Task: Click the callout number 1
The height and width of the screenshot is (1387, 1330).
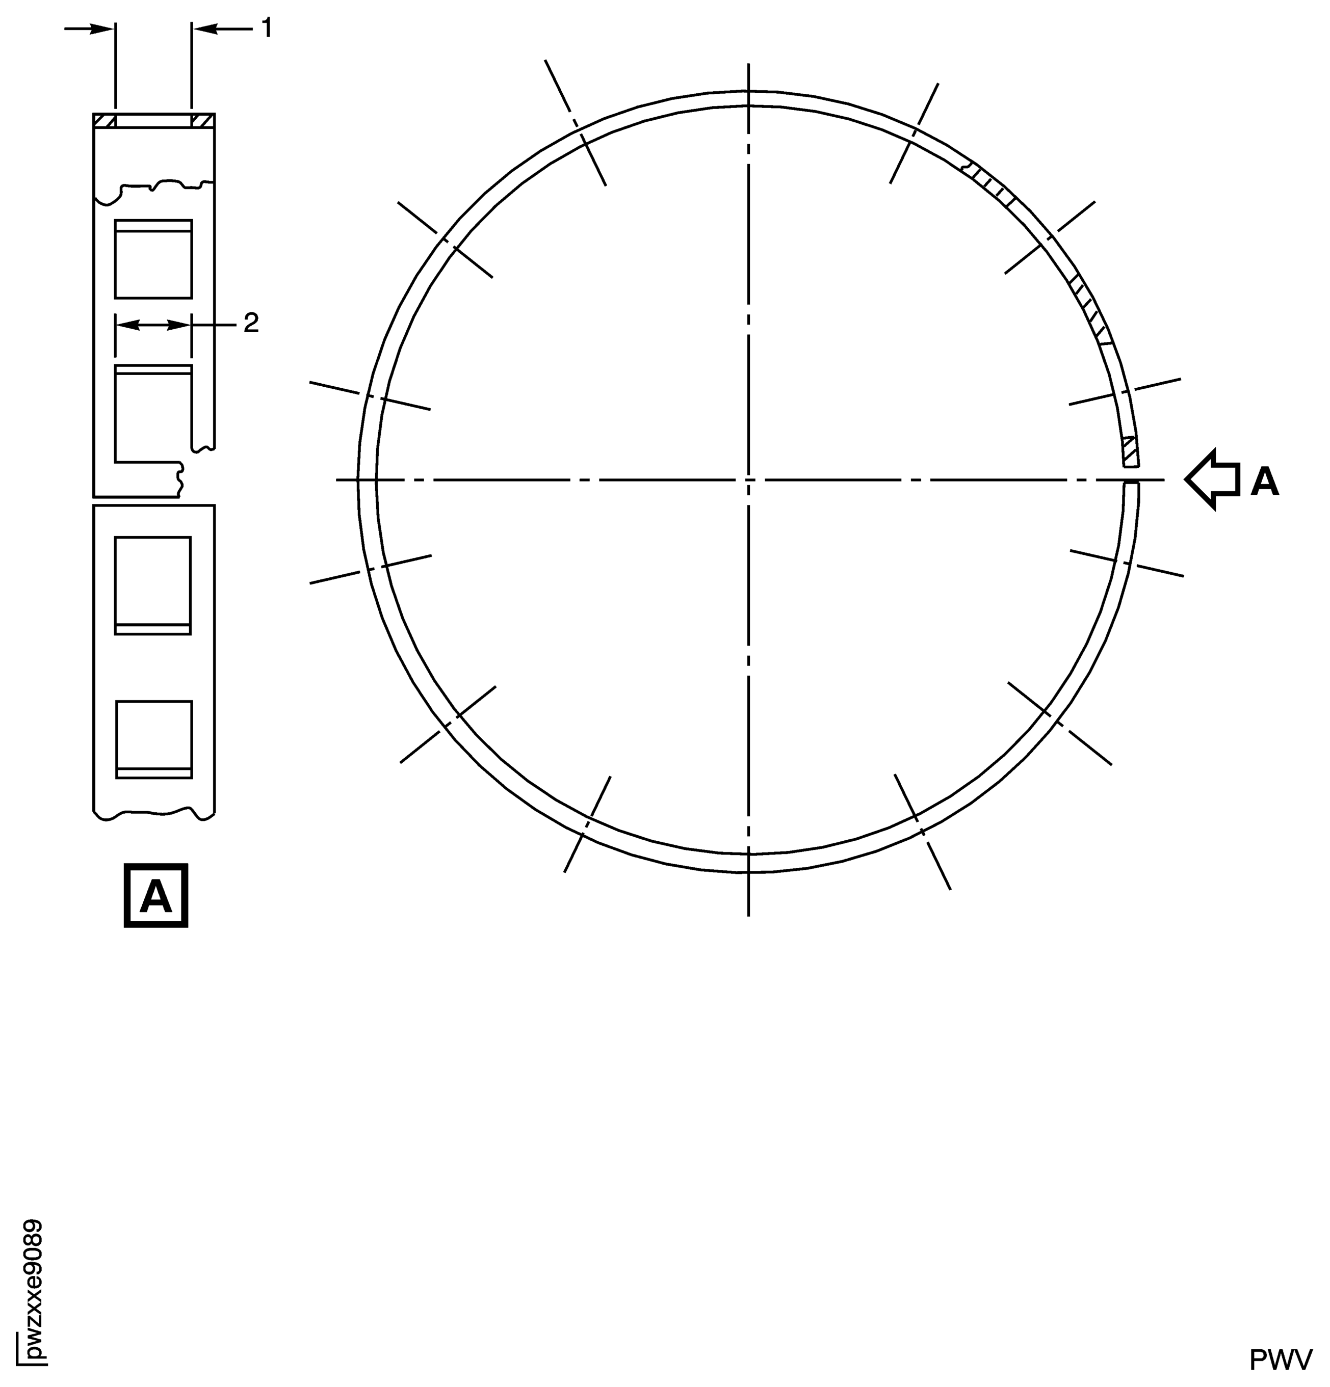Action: pyautogui.click(x=266, y=29)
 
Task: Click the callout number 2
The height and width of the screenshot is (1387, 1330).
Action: pyautogui.click(x=251, y=324)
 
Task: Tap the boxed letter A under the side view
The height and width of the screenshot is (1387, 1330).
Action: pyautogui.click(x=155, y=895)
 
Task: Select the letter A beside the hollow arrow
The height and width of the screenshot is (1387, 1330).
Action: pyautogui.click(x=1265, y=482)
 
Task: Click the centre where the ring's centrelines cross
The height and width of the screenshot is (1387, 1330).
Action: pyautogui.click(x=748, y=480)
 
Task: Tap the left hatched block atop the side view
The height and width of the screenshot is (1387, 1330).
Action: pyautogui.click(x=105, y=121)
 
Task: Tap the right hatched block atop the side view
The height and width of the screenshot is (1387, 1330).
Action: pyautogui.click(x=202, y=121)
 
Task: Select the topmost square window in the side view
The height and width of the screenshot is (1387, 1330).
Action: pyautogui.click(x=153, y=258)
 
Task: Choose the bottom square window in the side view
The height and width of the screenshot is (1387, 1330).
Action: pyautogui.click(x=153, y=739)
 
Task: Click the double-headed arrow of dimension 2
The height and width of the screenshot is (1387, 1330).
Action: pyautogui.click(x=153, y=325)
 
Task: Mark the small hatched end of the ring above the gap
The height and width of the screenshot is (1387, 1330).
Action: pyautogui.click(x=1130, y=451)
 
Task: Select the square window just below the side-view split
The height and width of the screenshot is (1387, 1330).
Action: pyautogui.click(x=153, y=585)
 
